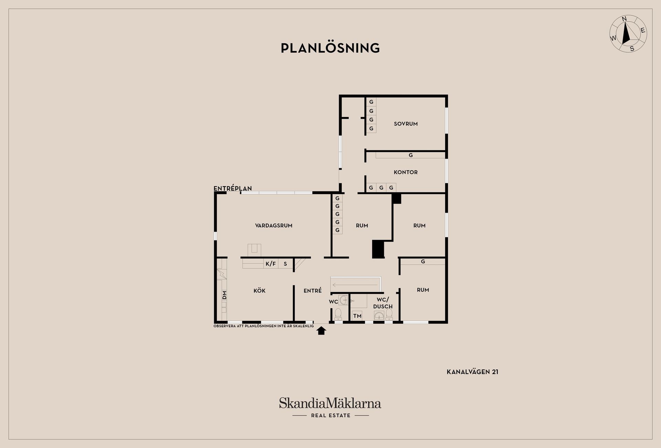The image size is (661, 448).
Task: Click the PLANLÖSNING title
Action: [330, 48]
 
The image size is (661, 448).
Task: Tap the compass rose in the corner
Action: [628, 34]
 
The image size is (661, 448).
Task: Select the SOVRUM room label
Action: [406, 124]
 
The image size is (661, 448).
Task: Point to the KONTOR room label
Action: [406, 172]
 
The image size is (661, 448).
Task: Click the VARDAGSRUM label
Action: [274, 226]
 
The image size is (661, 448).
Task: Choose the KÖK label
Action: [260, 291]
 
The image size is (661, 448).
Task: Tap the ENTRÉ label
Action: [313, 291]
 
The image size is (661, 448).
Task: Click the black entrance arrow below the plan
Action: [321, 331]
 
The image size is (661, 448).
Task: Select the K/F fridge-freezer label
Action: [271, 264]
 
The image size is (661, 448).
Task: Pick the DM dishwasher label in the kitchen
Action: [224, 295]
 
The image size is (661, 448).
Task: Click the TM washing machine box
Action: [357, 316]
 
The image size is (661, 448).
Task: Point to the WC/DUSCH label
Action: [383, 303]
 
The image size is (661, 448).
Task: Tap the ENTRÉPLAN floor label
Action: [233, 189]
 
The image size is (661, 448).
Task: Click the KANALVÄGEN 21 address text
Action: [472, 372]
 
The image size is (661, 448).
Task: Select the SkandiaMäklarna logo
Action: [330, 403]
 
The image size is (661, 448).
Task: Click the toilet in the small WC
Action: [338, 314]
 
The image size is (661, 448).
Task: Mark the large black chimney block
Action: [378, 249]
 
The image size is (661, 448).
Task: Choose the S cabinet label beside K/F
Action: [285, 264]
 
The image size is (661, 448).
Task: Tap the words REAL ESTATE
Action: [330, 416]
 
